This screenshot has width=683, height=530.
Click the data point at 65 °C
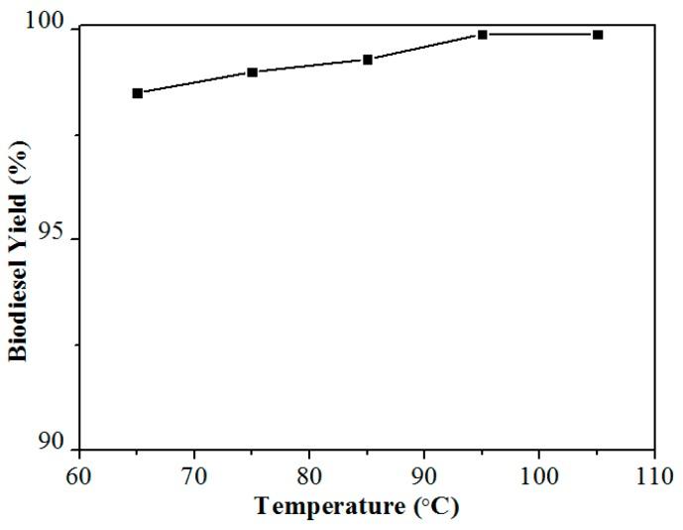pyautogui.click(x=137, y=93)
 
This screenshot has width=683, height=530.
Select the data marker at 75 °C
pyautogui.click(x=252, y=72)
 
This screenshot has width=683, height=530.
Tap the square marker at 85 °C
pyautogui.click(x=368, y=60)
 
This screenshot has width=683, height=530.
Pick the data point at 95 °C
pyautogui.click(x=483, y=35)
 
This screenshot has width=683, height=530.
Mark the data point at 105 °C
pyautogui.click(x=598, y=35)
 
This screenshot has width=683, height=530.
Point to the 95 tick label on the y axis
pyautogui.click(x=55, y=237)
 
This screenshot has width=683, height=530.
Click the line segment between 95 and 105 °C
pyautogui.click(x=540, y=35)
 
